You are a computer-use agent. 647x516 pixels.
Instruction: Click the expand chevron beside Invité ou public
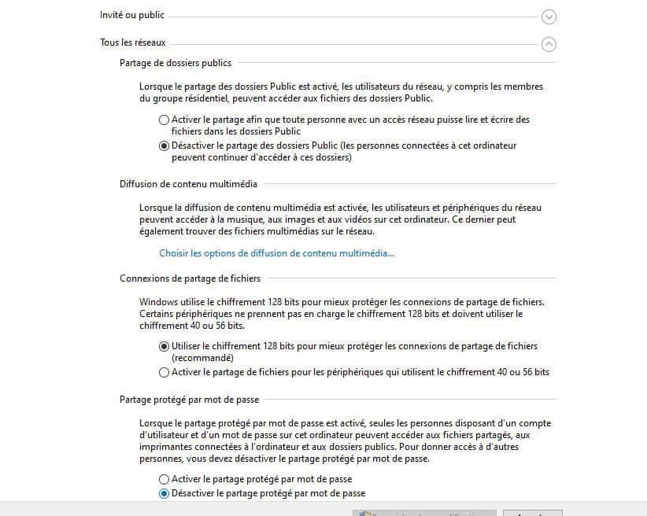pos(549,17)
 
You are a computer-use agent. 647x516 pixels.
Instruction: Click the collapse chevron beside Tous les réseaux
pos(549,45)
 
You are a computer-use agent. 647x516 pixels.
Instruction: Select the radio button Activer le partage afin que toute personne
pos(164,120)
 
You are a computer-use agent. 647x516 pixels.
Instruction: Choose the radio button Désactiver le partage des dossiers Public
pos(164,146)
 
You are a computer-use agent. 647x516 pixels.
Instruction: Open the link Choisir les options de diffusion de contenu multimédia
pos(276,253)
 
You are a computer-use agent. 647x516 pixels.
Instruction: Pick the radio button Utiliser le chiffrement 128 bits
pos(164,346)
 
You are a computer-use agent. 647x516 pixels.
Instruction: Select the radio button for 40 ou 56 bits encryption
pos(164,372)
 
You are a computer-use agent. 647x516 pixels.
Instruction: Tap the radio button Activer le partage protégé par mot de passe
pos(164,479)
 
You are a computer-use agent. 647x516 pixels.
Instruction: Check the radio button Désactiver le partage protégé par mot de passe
pos(164,494)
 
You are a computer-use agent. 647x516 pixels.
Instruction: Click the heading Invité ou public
pos(131,15)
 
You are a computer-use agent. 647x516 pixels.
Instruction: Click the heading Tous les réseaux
pos(132,42)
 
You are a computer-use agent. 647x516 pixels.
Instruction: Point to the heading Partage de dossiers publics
pos(176,63)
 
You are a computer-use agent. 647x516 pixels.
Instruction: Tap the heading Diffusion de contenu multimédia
pos(188,184)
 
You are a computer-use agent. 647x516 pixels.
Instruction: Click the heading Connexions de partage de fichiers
pos(190,278)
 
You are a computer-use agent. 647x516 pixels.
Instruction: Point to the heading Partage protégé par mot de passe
pos(189,400)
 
